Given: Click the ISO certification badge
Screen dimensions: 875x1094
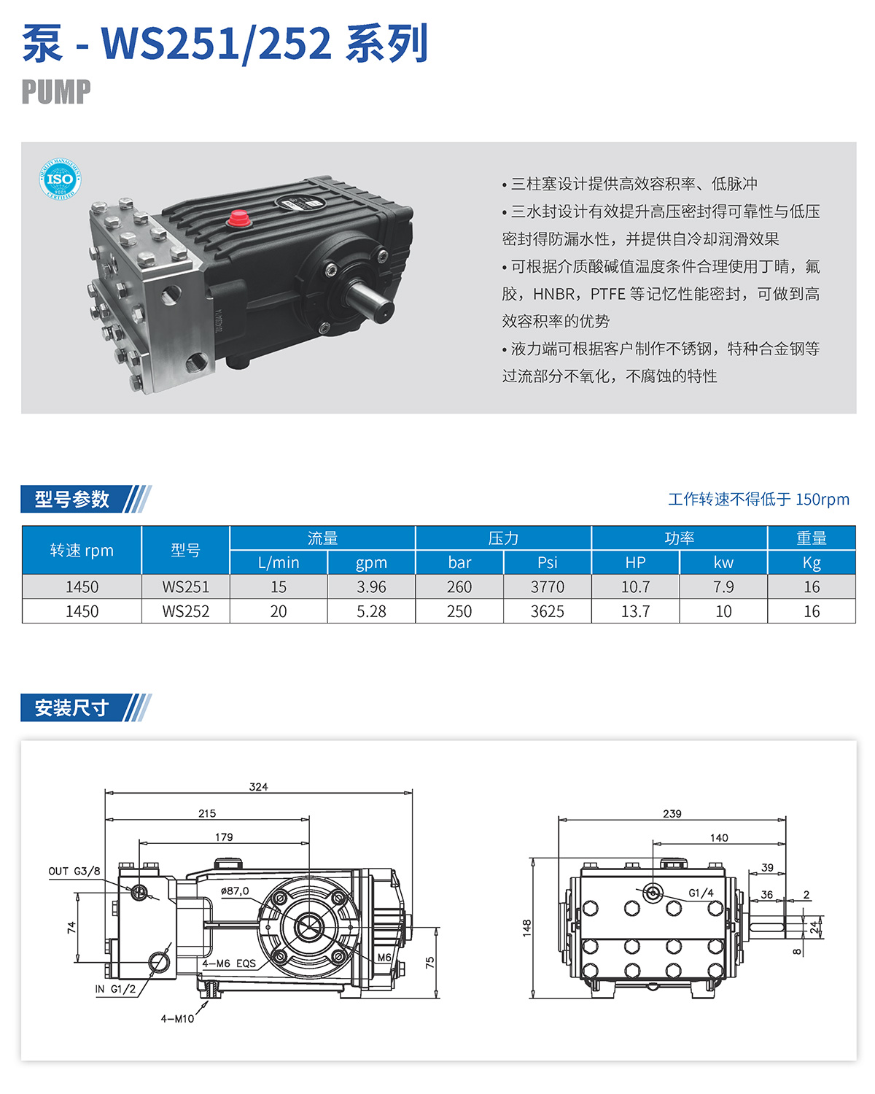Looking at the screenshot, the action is [60, 179].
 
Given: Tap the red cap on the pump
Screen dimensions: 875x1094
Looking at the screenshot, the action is [239, 219].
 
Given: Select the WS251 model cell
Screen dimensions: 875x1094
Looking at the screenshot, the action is [186, 587].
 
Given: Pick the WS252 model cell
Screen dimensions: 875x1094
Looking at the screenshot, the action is [186, 612].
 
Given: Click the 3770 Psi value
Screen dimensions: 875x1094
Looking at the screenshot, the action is [547, 587].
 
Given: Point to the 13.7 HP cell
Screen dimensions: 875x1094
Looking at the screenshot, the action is [635, 612].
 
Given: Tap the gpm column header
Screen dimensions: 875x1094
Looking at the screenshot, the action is [371, 563].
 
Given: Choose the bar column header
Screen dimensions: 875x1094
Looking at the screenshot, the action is [459, 563].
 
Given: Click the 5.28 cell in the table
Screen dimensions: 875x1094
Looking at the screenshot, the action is [371, 612].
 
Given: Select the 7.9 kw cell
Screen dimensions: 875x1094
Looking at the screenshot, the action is [723, 587].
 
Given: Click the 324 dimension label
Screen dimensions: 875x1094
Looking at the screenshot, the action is [258, 787].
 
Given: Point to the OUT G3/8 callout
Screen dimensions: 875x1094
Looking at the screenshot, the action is [74, 871].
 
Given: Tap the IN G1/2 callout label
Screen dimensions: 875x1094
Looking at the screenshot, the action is [115, 989].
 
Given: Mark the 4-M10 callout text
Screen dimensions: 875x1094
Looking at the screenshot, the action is [177, 1019].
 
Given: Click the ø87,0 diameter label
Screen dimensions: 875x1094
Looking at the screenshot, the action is [235, 891].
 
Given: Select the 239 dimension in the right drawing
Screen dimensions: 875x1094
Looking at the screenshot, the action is [672, 814].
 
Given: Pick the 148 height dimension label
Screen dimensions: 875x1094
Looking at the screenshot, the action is [526, 928].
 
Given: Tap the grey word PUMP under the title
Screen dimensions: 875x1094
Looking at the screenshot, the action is [56, 92].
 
